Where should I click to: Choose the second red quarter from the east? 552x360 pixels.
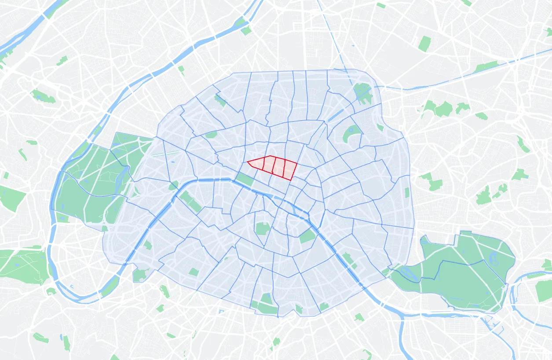pos(279,167)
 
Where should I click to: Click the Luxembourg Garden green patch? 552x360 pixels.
pos(263,228)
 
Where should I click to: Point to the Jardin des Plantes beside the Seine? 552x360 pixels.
pos(308,236)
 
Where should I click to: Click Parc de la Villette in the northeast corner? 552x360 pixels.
pos(362,92)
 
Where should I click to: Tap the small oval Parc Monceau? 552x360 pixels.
pos(211,135)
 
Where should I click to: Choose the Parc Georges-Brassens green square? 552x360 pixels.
pos(194,272)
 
